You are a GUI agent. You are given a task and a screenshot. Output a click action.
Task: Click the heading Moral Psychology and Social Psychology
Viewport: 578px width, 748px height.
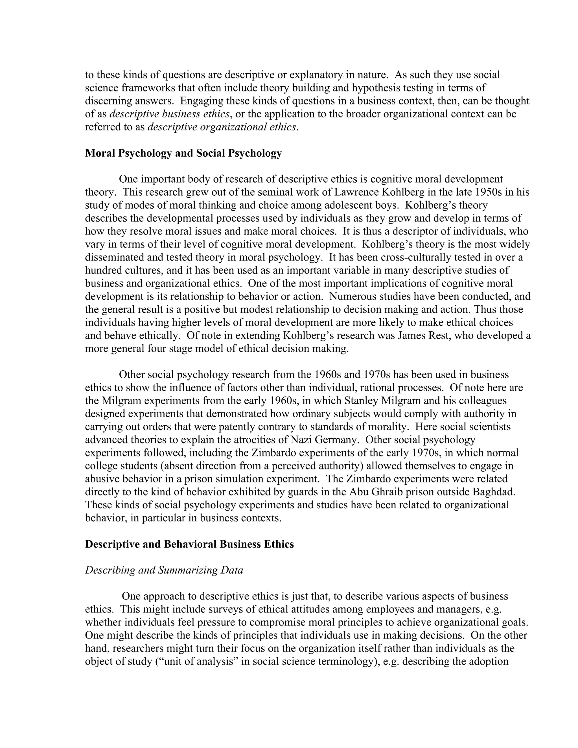183,153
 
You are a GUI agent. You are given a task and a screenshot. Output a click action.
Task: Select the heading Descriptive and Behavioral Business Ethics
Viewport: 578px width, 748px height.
189,544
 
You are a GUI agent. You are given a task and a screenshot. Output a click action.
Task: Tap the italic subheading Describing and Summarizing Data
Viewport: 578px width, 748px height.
164,570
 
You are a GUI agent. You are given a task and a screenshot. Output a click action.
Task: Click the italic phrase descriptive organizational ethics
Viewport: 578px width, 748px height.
222,127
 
